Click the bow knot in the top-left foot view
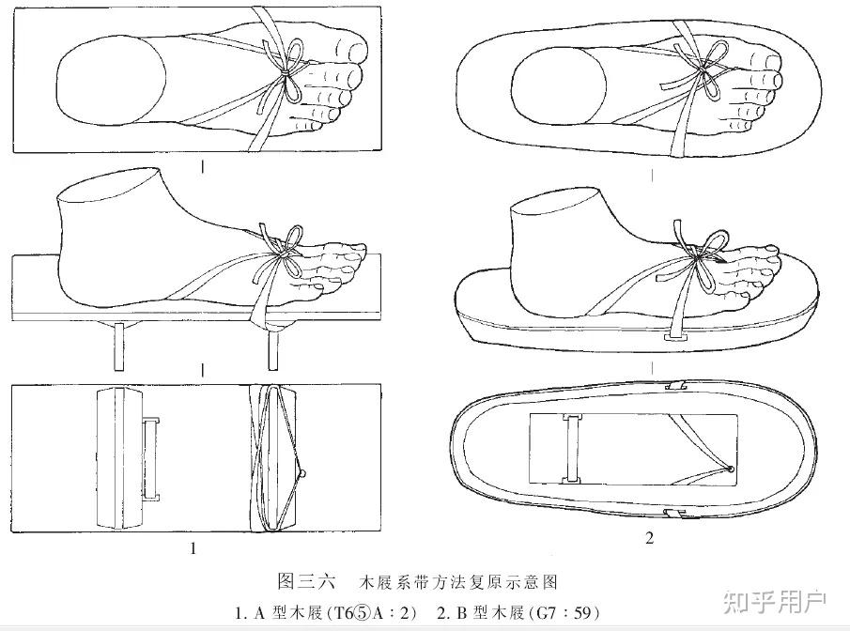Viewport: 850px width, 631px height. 287,69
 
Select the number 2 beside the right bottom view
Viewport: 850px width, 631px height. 649,537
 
